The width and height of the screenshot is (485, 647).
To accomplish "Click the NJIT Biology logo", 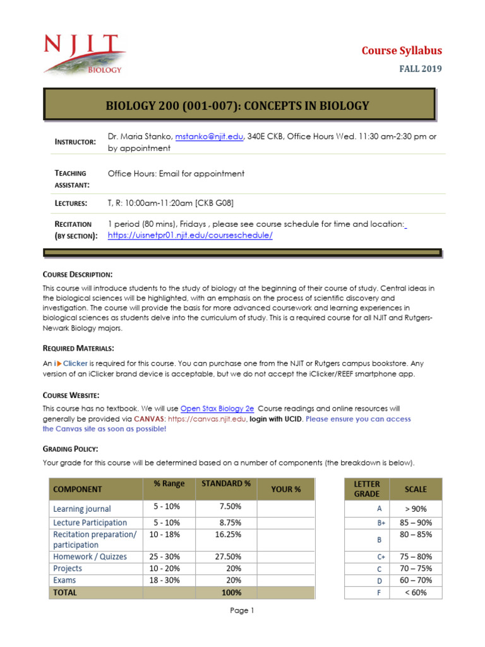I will [83, 54].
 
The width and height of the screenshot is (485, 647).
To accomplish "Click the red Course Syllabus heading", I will [401, 51].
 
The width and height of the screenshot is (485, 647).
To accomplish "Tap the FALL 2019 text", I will [419, 69].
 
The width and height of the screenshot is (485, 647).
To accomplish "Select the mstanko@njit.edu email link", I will [209, 136].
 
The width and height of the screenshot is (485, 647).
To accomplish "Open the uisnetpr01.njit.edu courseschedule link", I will [190, 235].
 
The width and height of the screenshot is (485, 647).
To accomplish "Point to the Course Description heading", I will [78, 274].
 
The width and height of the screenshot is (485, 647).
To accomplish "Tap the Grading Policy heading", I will [70, 449].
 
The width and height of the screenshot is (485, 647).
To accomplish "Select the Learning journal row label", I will [82, 509].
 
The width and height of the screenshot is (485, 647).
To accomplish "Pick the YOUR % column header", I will [285, 489].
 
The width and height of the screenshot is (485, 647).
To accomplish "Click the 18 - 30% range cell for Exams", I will [166, 580].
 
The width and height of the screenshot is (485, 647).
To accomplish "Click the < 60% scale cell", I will [416, 593].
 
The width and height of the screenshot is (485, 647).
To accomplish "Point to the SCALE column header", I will [416, 489].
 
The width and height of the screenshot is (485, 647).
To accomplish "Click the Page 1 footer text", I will [242, 610].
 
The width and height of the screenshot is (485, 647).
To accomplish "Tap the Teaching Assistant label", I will [69, 179].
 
